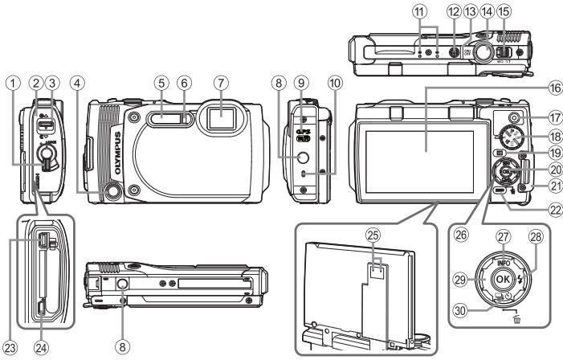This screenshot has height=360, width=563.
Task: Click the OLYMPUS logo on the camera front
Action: point(117,146)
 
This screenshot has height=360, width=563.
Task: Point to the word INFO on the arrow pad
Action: point(504,262)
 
